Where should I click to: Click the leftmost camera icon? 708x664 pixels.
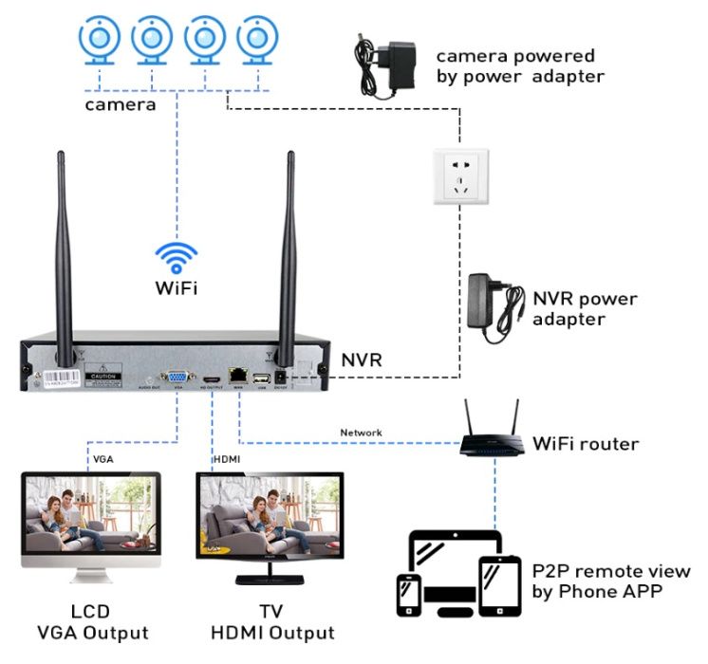click(x=98, y=40)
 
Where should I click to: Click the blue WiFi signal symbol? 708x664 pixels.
click(x=177, y=257)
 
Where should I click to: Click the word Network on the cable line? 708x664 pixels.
click(x=361, y=433)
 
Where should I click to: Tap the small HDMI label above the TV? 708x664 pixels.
click(x=228, y=459)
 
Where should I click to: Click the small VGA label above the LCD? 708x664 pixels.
click(x=103, y=459)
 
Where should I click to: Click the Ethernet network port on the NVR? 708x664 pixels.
click(x=237, y=376)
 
